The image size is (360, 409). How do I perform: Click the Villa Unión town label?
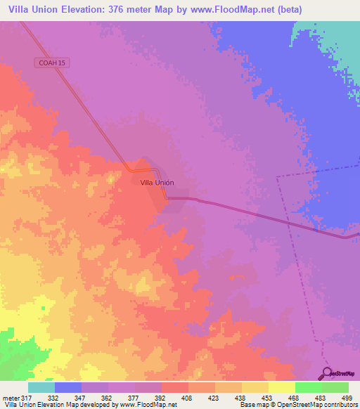[x=157, y=183]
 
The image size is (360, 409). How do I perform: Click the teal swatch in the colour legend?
[x=41, y=387]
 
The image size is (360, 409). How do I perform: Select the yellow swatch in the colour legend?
[x=282, y=387]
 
